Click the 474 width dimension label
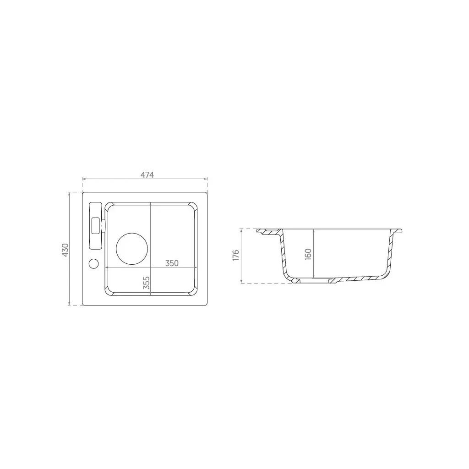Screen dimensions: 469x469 tap(147, 175)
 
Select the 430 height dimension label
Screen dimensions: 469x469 tap(65, 250)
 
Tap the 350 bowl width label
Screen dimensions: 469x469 tap(172, 263)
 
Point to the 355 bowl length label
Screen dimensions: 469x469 tap(146, 283)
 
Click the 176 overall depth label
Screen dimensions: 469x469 tap(236, 255)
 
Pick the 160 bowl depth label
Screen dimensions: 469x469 tap(308, 254)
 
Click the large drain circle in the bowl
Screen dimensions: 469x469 tap(132, 249)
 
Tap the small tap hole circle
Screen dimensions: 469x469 tap(93, 263)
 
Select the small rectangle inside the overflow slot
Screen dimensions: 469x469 tap(96, 225)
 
